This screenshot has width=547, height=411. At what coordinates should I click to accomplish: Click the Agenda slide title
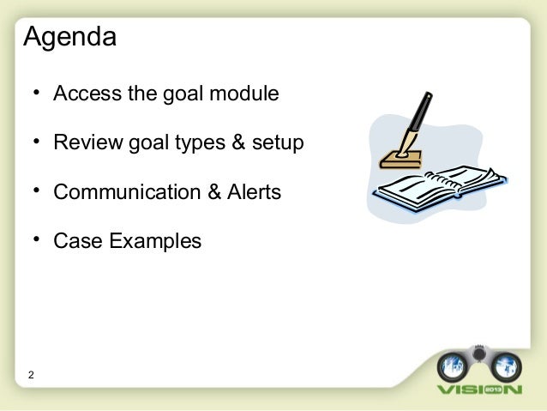tap(69, 39)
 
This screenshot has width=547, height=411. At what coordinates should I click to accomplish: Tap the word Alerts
tap(252, 191)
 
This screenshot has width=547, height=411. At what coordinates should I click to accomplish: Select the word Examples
tap(154, 242)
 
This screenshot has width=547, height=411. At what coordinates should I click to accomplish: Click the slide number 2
tap(32, 375)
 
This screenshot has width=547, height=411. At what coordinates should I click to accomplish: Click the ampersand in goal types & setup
tap(237, 142)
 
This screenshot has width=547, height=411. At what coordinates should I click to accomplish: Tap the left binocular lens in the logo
tap(451, 365)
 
